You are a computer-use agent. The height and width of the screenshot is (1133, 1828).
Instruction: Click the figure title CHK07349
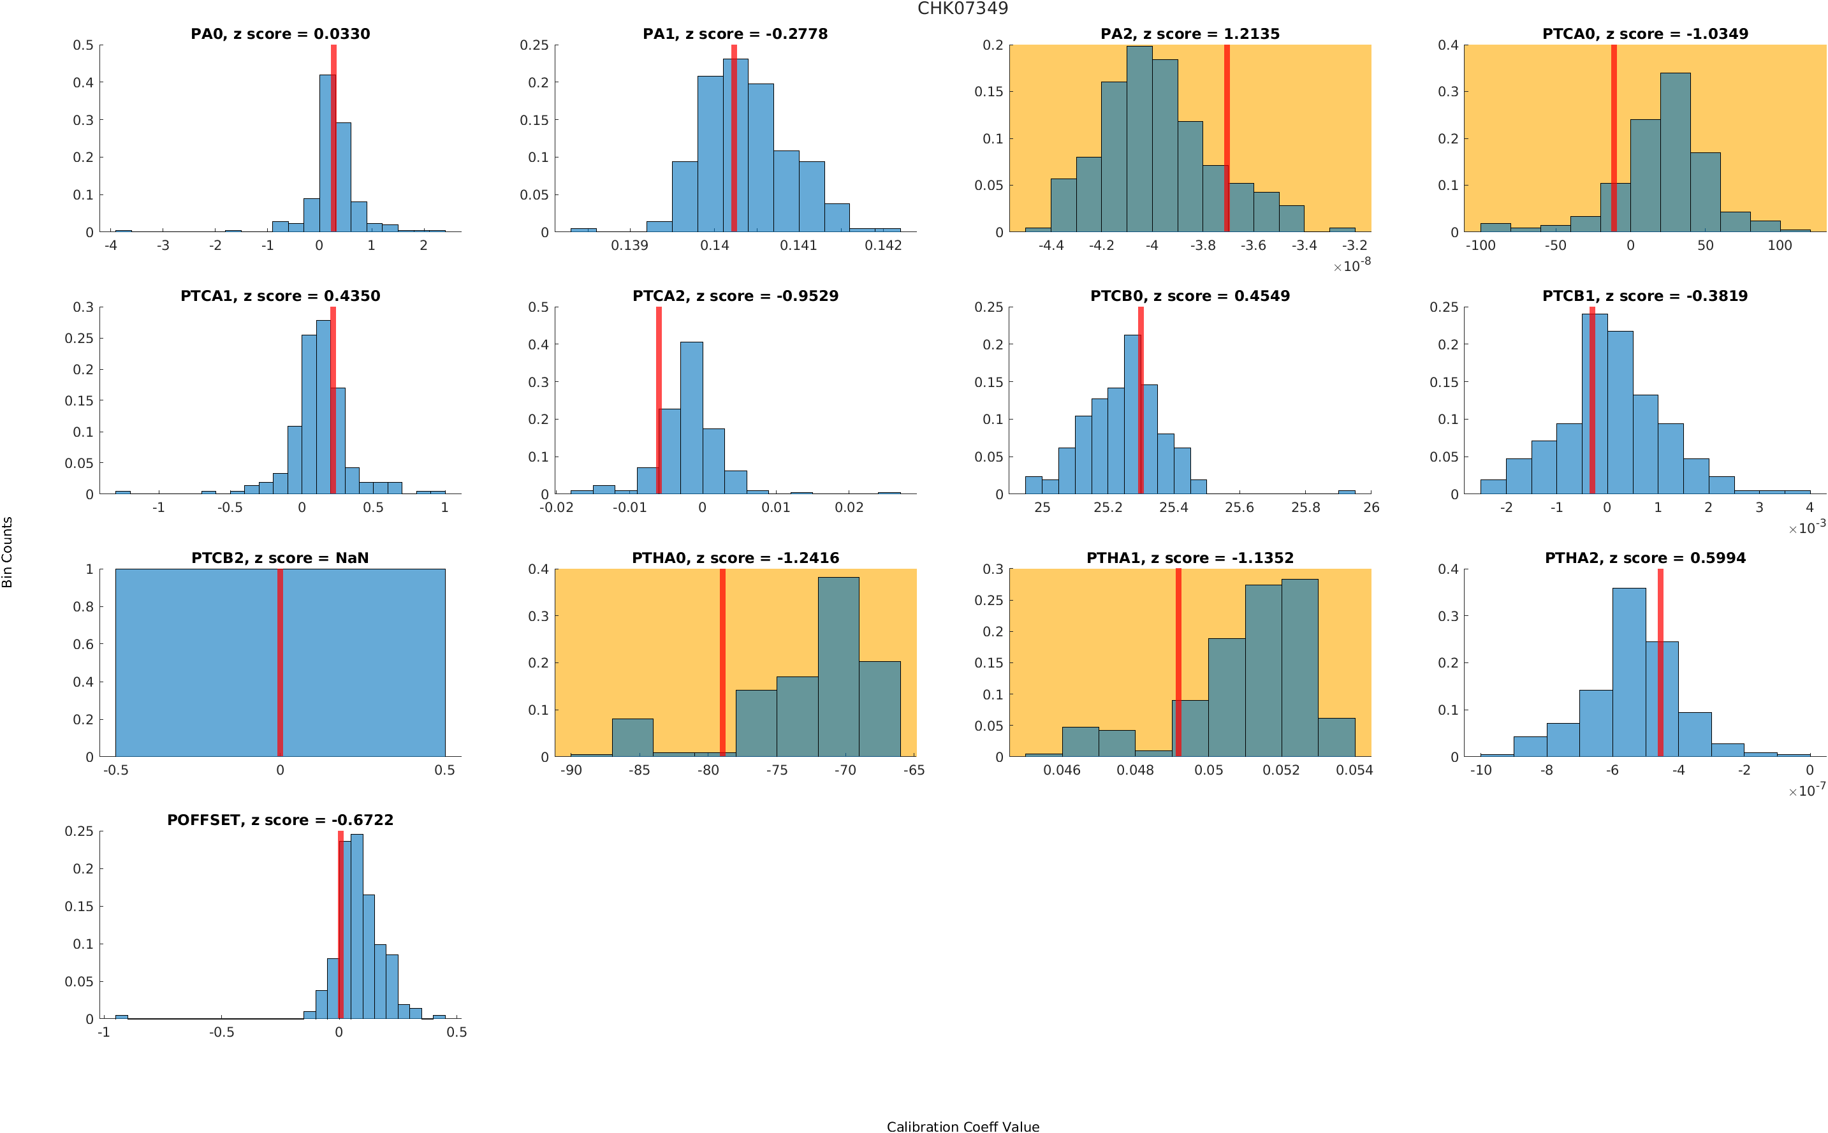(x=962, y=8)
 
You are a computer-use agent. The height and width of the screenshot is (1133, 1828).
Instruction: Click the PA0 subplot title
(x=280, y=34)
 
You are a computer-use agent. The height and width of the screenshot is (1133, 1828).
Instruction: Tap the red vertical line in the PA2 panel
(x=1226, y=138)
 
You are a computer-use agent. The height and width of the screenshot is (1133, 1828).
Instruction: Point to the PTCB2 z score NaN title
(x=280, y=559)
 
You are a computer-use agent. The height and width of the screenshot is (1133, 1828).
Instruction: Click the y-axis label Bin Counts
(x=8, y=552)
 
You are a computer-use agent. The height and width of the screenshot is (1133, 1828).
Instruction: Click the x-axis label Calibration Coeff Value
(x=962, y=1126)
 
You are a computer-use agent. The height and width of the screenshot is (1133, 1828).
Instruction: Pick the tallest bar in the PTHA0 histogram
(x=838, y=667)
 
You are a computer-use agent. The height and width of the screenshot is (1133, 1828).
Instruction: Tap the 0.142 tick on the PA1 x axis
(x=883, y=245)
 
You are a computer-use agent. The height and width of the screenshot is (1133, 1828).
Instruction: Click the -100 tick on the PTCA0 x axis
(x=1480, y=245)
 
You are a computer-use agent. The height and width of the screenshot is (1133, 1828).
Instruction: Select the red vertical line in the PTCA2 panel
(x=659, y=401)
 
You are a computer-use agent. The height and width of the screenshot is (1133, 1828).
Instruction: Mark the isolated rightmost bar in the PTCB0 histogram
(x=1346, y=492)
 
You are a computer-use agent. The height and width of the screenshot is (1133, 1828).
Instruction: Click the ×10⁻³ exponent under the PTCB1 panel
(x=1806, y=527)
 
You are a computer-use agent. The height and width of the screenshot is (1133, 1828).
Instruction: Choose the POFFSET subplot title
(x=280, y=820)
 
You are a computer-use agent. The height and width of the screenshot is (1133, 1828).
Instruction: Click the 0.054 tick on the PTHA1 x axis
(x=1354, y=770)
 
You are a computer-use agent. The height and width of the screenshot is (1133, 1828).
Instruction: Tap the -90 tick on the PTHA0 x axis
(x=571, y=770)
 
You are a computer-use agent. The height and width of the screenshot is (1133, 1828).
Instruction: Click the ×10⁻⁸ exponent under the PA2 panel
(x=1352, y=265)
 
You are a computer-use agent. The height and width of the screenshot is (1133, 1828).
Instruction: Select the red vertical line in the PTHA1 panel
(x=1178, y=663)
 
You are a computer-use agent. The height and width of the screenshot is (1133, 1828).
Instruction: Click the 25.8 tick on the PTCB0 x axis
(x=1305, y=508)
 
